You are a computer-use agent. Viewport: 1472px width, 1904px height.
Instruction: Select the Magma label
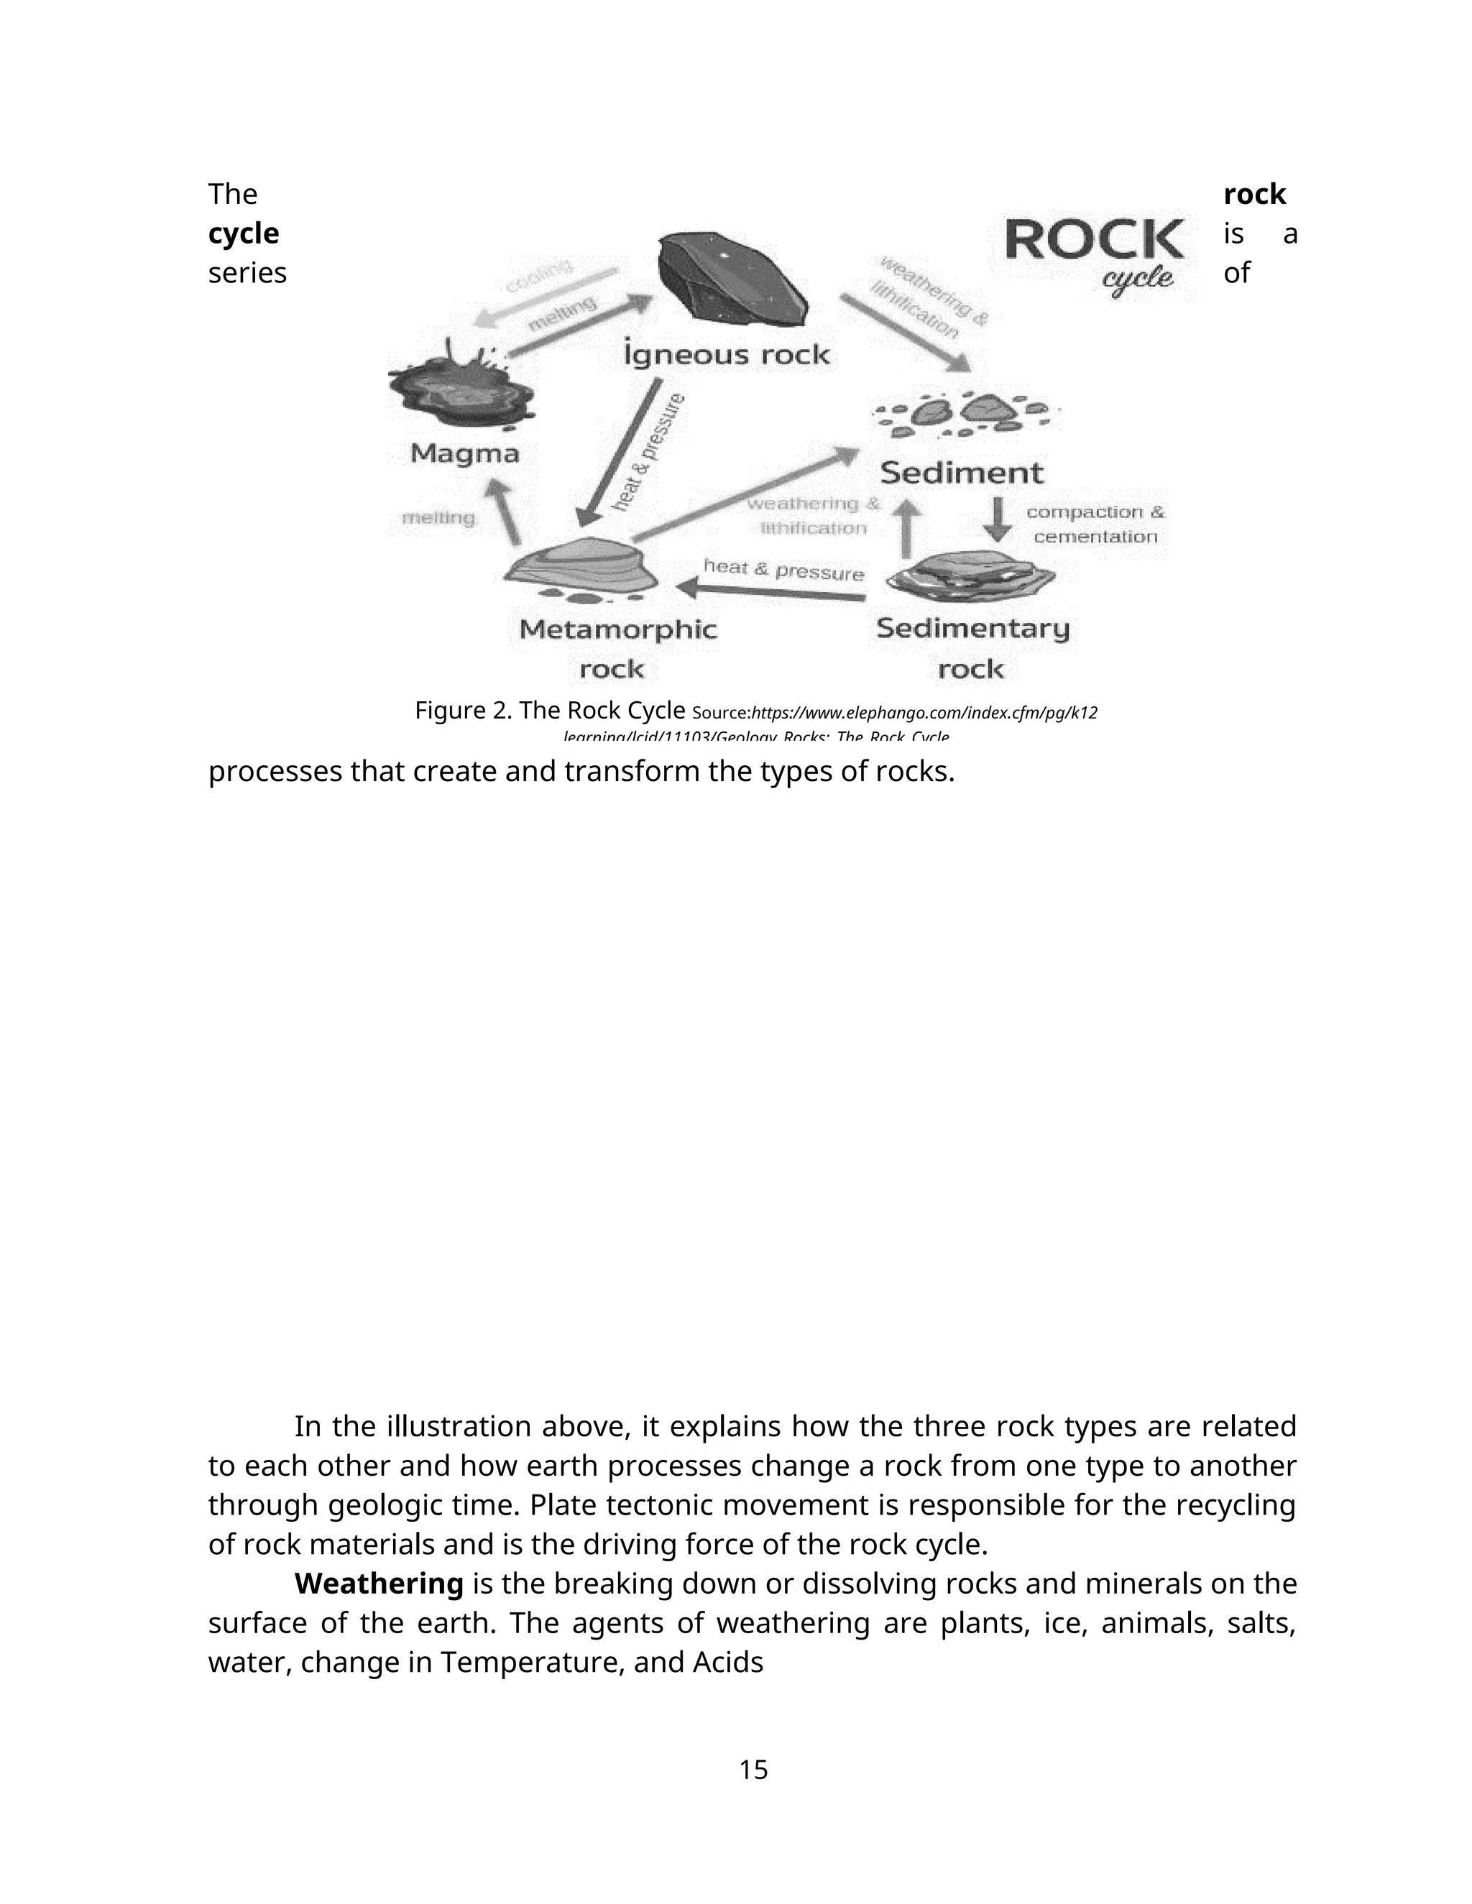pyautogui.click(x=465, y=453)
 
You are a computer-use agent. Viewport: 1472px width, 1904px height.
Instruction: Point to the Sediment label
pyautogui.click(x=961, y=473)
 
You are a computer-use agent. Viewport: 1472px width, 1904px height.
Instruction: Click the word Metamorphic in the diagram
pyautogui.click(x=617, y=629)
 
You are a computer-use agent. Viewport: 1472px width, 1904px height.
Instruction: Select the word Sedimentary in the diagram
pyautogui.click(x=972, y=629)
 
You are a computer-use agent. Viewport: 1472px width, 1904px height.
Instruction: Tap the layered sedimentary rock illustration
pyautogui.click(x=970, y=576)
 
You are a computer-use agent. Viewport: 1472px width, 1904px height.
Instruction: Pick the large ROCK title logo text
pyautogui.click(x=1095, y=240)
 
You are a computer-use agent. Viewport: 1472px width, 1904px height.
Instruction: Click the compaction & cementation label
pyautogui.click(x=1095, y=524)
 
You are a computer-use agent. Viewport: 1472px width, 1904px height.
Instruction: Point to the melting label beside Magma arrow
pyautogui.click(x=438, y=518)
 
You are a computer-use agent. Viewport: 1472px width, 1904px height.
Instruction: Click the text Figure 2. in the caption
pyautogui.click(x=463, y=711)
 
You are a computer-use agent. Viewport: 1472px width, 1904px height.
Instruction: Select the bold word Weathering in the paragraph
pyautogui.click(x=379, y=1583)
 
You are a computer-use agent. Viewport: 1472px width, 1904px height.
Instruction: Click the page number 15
pyautogui.click(x=753, y=1770)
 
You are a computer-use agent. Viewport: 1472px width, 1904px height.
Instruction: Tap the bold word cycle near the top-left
pyautogui.click(x=244, y=234)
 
